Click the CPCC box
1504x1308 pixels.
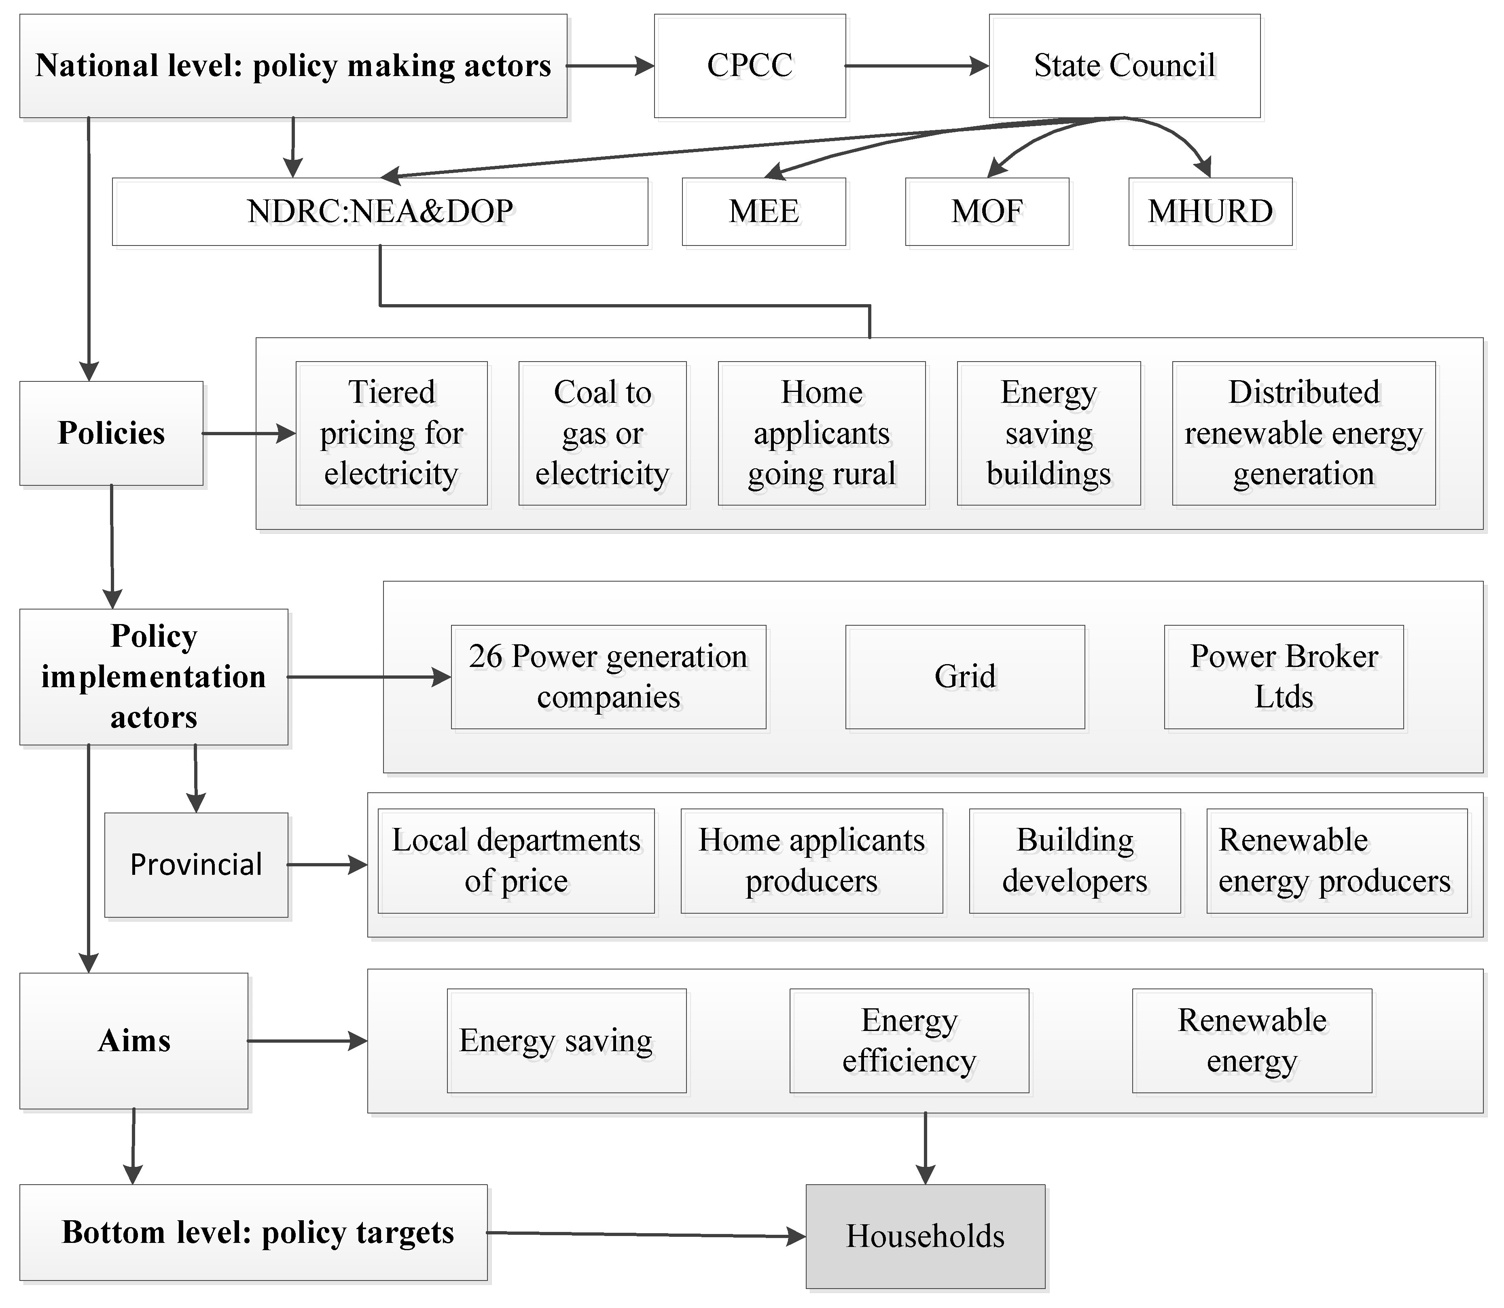click(x=750, y=66)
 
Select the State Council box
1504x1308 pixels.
click(x=1124, y=66)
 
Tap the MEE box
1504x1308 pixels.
click(x=764, y=212)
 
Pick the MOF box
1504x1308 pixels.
click(x=987, y=212)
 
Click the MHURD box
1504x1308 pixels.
click(x=1210, y=212)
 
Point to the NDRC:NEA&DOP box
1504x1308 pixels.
click(x=380, y=212)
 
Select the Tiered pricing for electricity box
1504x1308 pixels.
click(x=391, y=433)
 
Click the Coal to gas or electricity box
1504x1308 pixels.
click(x=602, y=433)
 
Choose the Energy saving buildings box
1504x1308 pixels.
click(x=1049, y=433)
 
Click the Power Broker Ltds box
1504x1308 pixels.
click(x=1284, y=677)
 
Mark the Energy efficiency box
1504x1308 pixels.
click(x=909, y=1040)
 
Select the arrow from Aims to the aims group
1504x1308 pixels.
click(x=307, y=1041)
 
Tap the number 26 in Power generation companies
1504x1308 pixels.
click(x=485, y=656)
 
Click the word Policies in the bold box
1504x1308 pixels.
click(x=111, y=433)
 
